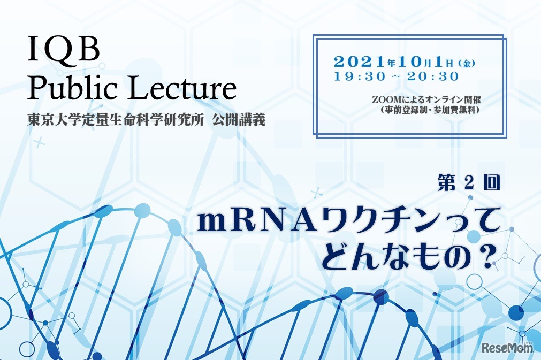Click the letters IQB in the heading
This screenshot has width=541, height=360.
pos(63,51)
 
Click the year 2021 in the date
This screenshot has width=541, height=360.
pos(357,62)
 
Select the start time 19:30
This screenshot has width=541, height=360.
pos(359,76)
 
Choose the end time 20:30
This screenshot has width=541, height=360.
pos(433,76)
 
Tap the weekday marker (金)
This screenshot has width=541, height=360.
pos(467,63)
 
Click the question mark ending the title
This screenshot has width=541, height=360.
pos(485,256)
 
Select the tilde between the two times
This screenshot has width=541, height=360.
pos(395,77)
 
